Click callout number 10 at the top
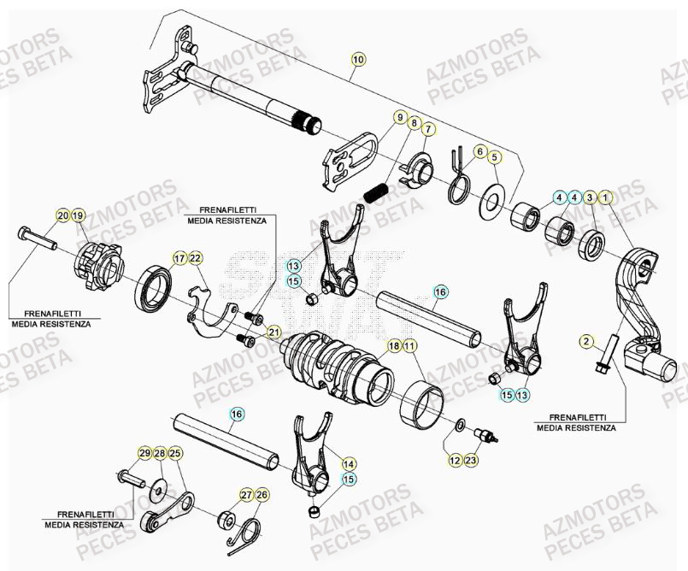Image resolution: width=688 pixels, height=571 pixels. coord(357,59)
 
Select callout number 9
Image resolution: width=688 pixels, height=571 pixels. coord(398,117)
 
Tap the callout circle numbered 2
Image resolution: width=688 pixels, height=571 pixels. coord(586,342)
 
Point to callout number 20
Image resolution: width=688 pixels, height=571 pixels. coord(62,215)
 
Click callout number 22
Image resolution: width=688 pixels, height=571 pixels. coord(195,258)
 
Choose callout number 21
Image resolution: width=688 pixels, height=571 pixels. coord(273,332)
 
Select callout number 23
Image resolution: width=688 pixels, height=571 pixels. coord(472,461)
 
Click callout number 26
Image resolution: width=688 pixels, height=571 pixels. coord(262,495)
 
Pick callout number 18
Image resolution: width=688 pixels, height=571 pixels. coord(394,346)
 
